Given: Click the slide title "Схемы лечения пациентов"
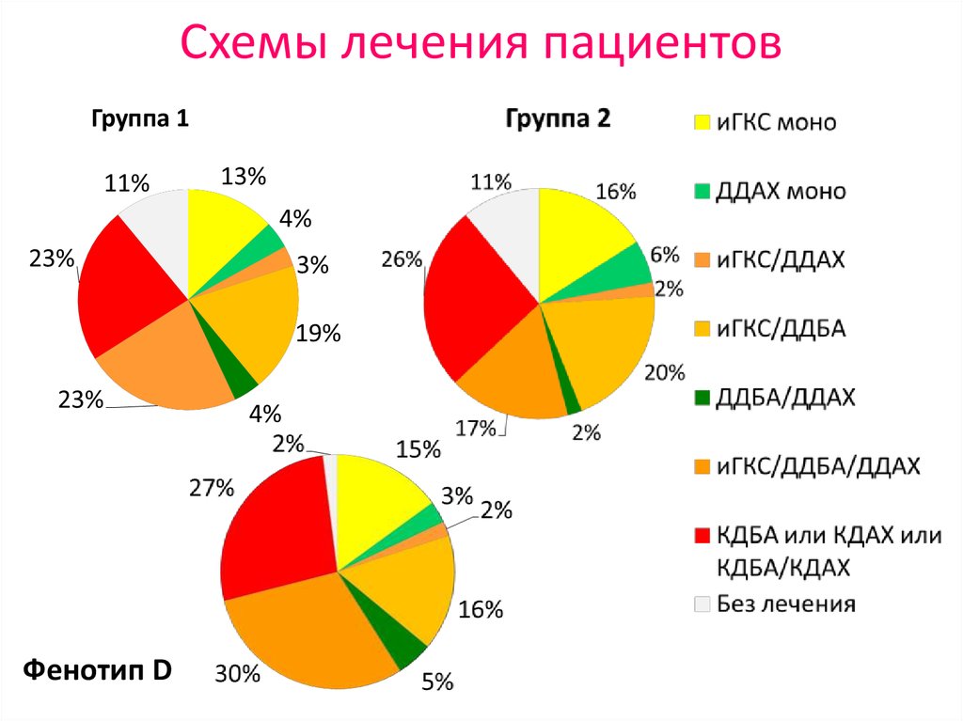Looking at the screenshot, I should [x=481, y=45].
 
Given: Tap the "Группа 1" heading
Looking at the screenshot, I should [x=139, y=119].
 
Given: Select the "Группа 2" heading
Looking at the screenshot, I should [x=558, y=119].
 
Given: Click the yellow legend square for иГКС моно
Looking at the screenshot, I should [x=702, y=123].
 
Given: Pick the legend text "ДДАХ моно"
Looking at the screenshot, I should [x=781, y=192].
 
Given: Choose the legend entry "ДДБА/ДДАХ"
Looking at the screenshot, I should [x=785, y=398].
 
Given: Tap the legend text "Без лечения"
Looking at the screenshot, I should [x=786, y=603].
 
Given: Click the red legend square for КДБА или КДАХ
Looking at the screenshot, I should [x=702, y=536].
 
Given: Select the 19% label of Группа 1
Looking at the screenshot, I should [x=317, y=334].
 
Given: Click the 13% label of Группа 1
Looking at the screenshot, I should [x=244, y=176].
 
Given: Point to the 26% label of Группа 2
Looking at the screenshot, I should [x=402, y=260].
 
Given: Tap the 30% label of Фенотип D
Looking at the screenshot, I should [x=236, y=673].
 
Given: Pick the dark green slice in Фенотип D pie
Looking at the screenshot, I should [x=405, y=648].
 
